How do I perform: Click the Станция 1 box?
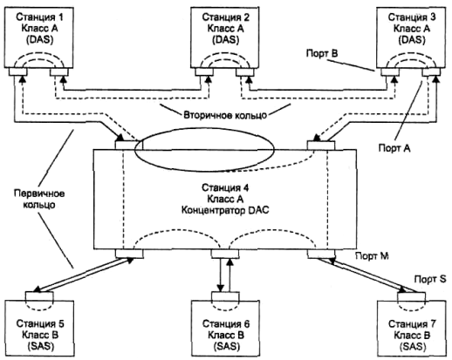point(38,37)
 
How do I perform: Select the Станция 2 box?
point(225,37)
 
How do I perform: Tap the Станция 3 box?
point(411,37)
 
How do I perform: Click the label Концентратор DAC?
point(225,210)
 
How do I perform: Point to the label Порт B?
point(322,53)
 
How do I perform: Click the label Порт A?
point(394,148)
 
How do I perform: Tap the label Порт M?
point(372,256)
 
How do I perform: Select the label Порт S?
point(430,279)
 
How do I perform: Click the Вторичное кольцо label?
point(225,115)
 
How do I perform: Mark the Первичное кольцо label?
point(39,199)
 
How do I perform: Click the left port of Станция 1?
point(18,71)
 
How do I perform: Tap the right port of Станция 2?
point(245,71)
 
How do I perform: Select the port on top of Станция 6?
point(225,296)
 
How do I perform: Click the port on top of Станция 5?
point(39,296)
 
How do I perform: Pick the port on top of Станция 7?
point(411,296)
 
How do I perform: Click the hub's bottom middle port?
point(225,254)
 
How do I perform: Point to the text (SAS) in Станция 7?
point(412,346)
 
